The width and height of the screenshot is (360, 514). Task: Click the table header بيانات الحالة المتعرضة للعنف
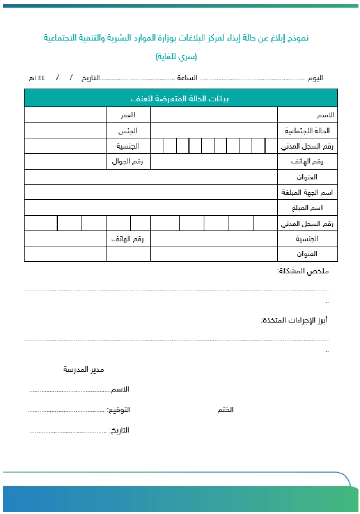[x=180, y=98]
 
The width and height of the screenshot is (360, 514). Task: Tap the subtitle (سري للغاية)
[x=176, y=56]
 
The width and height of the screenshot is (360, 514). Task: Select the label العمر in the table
[x=128, y=115]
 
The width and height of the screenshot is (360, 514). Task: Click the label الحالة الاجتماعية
[x=307, y=131]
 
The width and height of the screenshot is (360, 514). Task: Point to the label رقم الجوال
[x=128, y=161]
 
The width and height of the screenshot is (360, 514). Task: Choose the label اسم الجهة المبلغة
[x=307, y=192]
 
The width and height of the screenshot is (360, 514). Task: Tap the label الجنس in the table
[x=128, y=131]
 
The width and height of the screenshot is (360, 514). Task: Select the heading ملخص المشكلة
[x=302, y=271]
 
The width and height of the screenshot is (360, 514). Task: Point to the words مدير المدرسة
[x=84, y=370]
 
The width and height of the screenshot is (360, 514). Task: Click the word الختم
[x=225, y=410]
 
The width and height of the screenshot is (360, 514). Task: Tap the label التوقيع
[x=119, y=410]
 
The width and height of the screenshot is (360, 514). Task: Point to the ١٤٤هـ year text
[x=37, y=78]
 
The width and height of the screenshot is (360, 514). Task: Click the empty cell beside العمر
[x=65, y=115]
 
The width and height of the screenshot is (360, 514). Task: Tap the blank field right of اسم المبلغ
[x=150, y=208]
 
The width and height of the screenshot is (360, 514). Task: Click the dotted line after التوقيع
[x=66, y=411]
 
